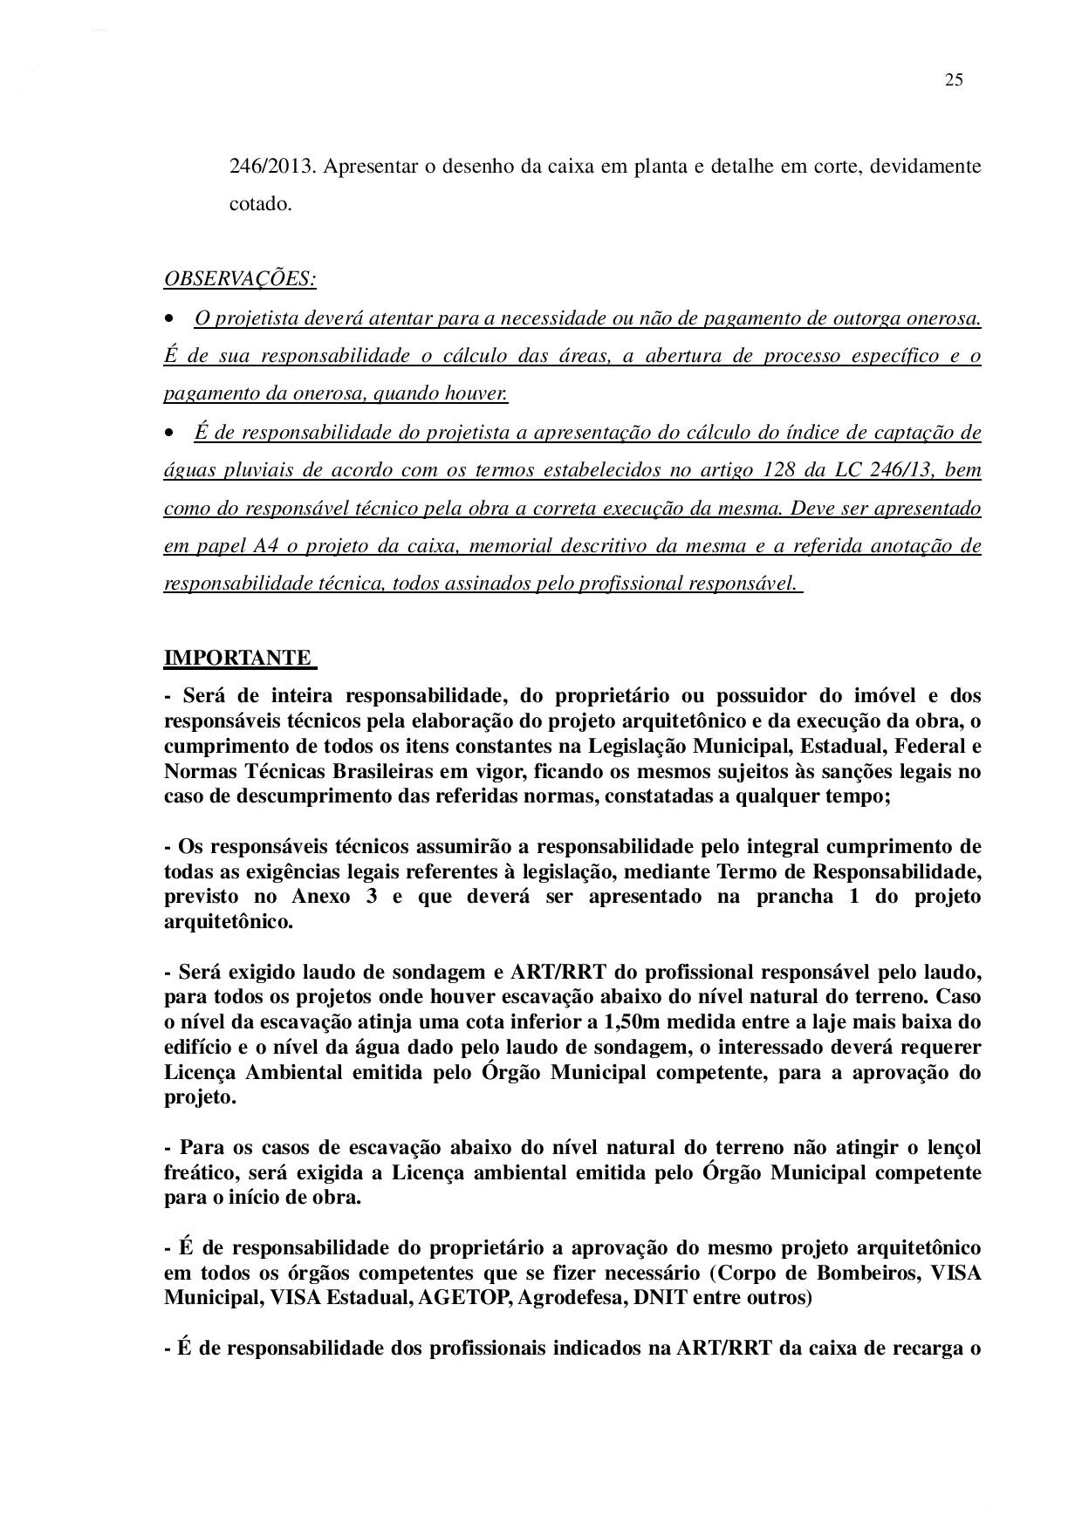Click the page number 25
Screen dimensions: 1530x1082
click(x=953, y=80)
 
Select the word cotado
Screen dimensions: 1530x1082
click(x=260, y=204)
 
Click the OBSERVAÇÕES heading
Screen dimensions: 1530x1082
click(x=240, y=279)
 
